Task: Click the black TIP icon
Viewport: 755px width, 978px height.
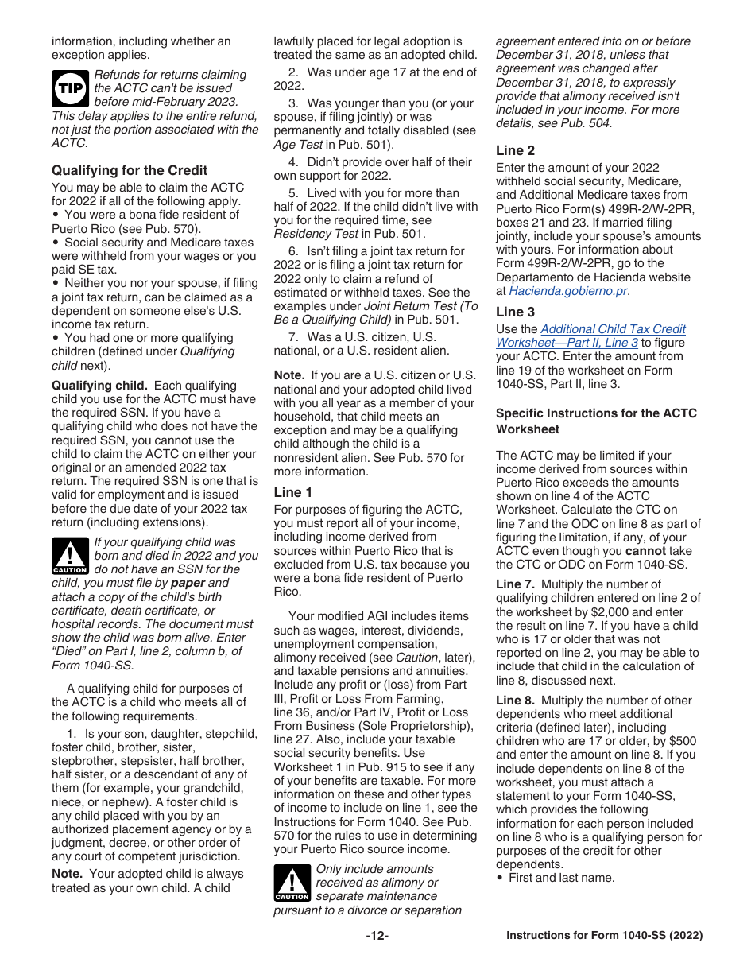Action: tap(70, 89)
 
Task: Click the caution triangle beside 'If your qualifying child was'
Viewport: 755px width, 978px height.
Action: tap(70, 557)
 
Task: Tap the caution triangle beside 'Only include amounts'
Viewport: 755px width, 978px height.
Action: tap(292, 883)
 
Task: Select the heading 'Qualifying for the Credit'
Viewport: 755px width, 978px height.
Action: tap(130, 170)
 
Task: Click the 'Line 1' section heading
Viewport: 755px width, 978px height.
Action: tap(293, 492)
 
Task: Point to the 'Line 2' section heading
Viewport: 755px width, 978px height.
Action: tap(515, 150)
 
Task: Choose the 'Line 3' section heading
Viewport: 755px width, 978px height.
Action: tap(515, 312)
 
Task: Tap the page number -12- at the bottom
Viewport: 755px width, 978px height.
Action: tap(377, 936)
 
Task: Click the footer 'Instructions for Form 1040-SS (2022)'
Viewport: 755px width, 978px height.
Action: tap(604, 936)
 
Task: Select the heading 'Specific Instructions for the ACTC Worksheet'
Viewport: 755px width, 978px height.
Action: tap(596, 421)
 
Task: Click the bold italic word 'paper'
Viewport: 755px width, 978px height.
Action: tap(188, 583)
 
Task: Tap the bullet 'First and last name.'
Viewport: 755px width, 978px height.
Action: tap(561, 878)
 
